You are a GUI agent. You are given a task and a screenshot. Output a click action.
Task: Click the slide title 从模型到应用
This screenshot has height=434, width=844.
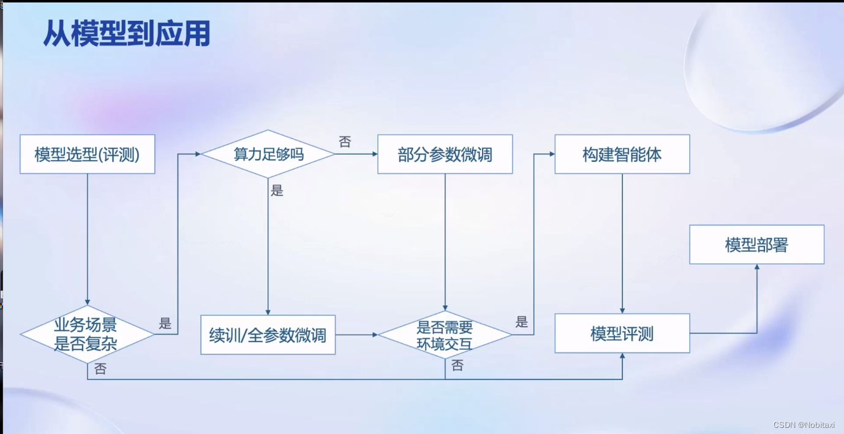[127, 34]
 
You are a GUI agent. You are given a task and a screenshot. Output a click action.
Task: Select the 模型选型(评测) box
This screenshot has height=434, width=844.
[87, 154]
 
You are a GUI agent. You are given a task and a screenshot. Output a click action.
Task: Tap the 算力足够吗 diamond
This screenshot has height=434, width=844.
[268, 154]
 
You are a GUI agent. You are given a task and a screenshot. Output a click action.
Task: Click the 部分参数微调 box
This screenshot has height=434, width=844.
[445, 154]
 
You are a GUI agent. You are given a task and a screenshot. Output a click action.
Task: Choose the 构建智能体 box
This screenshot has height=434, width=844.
[622, 154]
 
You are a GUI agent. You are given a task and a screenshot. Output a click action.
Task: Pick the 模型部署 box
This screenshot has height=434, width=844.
[756, 245]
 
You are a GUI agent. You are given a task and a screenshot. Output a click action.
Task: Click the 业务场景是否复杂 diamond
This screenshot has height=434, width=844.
[86, 334]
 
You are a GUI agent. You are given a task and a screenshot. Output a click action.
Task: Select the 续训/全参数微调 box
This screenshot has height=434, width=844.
[268, 335]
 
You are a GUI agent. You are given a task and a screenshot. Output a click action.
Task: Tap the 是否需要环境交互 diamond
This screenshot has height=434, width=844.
[445, 335]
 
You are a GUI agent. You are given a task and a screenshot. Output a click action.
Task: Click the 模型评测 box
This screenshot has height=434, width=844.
[622, 333]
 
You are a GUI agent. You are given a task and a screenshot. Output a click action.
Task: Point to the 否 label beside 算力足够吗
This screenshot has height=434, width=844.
[345, 142]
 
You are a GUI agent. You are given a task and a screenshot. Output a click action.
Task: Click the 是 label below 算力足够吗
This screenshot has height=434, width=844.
[277, 191]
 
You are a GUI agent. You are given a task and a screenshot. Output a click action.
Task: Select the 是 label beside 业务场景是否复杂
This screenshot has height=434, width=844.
[165, 324]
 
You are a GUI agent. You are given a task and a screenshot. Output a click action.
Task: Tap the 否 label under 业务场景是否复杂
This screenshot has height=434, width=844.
[100, 369]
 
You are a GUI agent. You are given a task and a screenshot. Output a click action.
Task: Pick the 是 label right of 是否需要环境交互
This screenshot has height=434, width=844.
[522, 322]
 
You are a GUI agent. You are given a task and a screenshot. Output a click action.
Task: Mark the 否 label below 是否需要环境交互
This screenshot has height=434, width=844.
[458, 366]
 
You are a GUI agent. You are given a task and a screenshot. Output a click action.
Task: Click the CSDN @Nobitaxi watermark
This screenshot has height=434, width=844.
[804, 425]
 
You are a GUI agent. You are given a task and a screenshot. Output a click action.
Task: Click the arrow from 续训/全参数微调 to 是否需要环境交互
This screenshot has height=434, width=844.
[356, 335]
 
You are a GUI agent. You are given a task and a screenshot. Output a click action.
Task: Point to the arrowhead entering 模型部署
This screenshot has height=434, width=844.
[757, 267]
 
